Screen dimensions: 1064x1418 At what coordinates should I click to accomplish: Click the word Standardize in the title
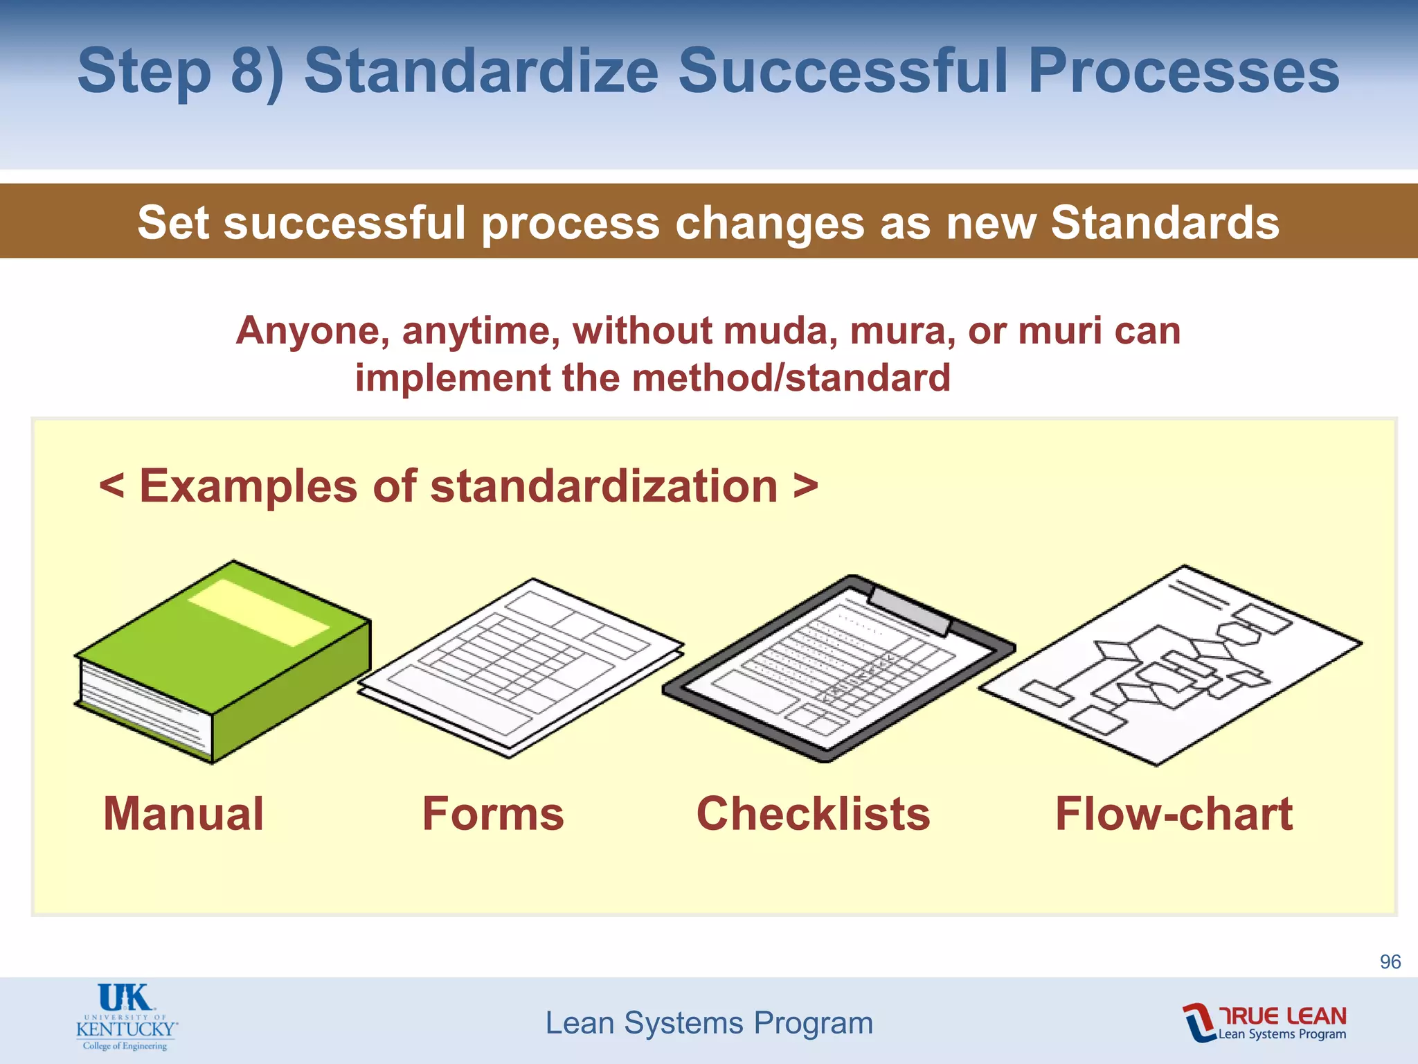[x=481, y=71]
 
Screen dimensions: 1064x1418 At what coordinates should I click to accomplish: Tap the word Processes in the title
[x=1183, y=71]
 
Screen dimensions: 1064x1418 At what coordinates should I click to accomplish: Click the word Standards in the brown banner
[x=1165, y=222]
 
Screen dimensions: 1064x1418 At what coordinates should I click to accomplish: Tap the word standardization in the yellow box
[x=604, y=486]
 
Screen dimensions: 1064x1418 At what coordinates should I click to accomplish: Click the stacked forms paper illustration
[x=519, y=668]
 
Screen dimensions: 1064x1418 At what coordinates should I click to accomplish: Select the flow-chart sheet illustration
[x=1170, y=665]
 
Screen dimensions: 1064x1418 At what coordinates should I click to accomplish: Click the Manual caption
[x=183, y=813]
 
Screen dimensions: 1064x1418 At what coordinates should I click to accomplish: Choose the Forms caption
[x=493, y=813]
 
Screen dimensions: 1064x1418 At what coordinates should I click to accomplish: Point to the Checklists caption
[x=813, y=813]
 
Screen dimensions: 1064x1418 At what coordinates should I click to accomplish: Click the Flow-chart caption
[x=1174, y=813]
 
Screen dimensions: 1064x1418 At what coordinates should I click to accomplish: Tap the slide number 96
[x=1390, y=961]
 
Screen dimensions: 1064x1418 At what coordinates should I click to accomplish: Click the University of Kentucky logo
[x=126, y=1017]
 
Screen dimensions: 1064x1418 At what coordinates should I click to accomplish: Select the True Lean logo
[x=1264, y=1022]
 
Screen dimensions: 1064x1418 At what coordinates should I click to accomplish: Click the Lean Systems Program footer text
[x=709, y=1023]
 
